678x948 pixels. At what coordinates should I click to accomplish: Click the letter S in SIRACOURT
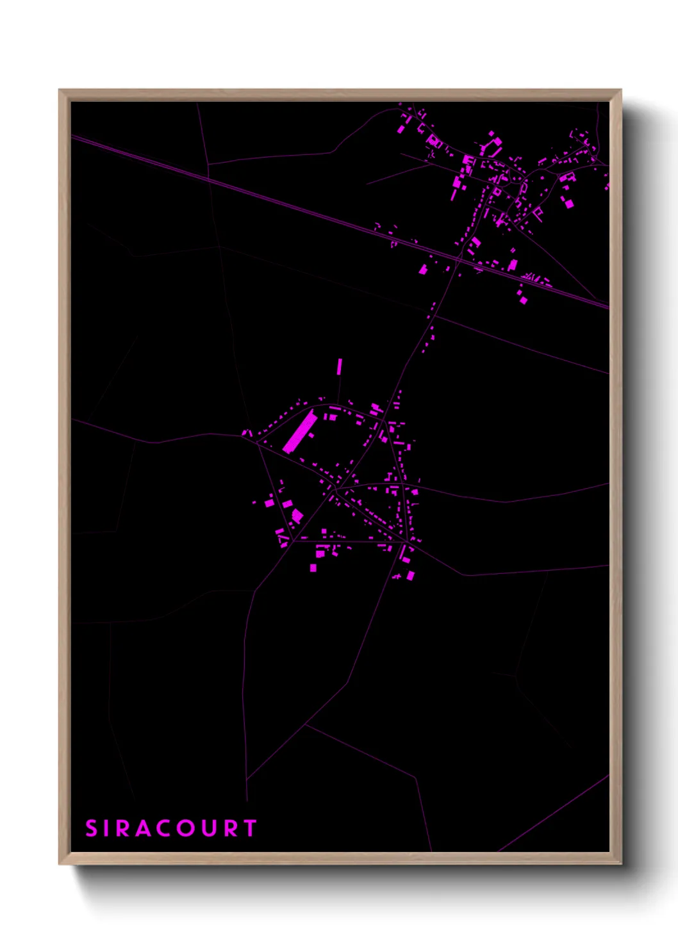click(x=91, y=828)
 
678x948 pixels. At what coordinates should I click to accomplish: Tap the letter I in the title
click(x=109, y=828)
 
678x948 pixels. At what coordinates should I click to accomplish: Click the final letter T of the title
click(x=251, y=828)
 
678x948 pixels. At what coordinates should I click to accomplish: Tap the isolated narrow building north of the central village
click(x=340, y=366)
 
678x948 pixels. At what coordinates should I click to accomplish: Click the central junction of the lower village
click(x=335, y=489)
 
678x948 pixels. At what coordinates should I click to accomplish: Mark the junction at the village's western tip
click(x=257, y=441)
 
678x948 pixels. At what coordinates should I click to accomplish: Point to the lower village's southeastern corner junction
click(x=407, y=543)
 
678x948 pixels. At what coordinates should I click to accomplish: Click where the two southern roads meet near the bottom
click(x=247, y=779)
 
